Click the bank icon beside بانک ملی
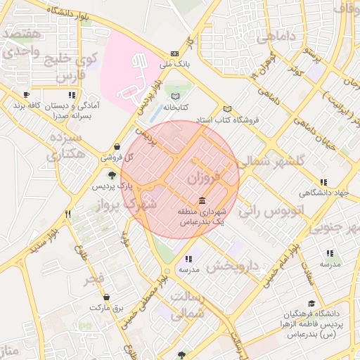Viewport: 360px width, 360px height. [x=174, y=53]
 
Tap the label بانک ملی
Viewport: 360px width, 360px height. [x=174, y=65]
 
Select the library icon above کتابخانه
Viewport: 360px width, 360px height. [x=175, y=96]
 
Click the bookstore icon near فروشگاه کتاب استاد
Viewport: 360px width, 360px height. [x=227, y=109]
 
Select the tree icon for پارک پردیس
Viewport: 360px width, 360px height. [x=112, y=174]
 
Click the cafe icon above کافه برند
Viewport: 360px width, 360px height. [x=26, y=94]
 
